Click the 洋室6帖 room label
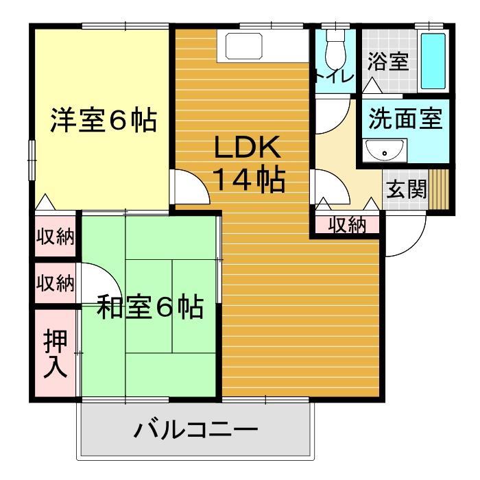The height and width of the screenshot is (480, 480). [103, 121]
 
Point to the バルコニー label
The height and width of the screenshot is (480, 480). [196, 431]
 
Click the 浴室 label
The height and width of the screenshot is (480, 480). [388, 62]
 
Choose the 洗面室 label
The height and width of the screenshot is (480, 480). [404, 119]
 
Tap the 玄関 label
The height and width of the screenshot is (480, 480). [405, 189]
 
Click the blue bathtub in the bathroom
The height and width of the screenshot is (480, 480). [433, 59]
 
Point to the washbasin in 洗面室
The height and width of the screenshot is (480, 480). [384, 150]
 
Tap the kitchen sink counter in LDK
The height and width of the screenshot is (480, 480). [263, 47]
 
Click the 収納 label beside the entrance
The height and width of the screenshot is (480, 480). [346, 224]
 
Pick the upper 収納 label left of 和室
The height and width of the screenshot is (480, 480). [56, 237]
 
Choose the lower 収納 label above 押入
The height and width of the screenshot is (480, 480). [56, 283]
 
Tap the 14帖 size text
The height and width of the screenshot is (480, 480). [248, 179]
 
